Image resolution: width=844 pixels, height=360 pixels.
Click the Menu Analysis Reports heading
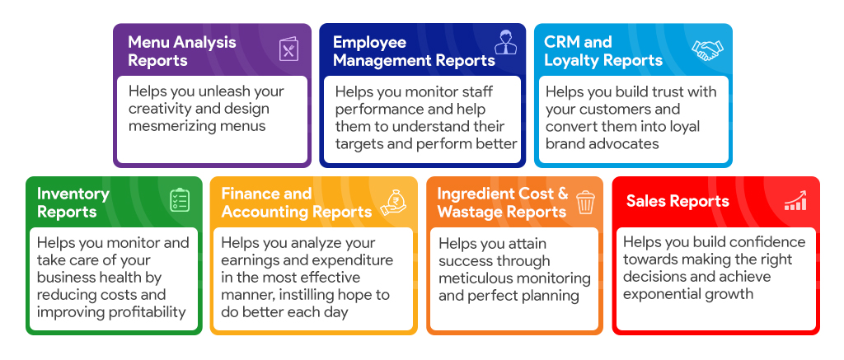point(182,51)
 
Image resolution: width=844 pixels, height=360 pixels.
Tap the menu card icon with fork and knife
point(288,50)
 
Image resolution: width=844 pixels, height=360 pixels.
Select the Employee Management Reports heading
point(414,51)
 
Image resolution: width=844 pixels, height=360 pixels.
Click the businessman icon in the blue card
point(505,42)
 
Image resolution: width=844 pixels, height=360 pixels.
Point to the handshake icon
point(707,50)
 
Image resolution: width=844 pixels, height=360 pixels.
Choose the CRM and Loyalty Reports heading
point(603,51)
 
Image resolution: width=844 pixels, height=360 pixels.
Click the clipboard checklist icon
point(180,199)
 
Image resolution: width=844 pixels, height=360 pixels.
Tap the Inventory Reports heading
point(73,203)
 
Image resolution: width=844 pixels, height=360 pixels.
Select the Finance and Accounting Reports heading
point(297,203)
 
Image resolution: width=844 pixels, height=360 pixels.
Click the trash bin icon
point(585,202)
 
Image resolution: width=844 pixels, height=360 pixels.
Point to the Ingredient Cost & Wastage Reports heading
point(503,203)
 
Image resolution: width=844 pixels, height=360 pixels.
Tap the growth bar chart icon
point(795,200)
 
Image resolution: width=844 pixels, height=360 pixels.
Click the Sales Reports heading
point(678,201)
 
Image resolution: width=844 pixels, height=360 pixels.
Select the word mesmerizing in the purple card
point(171,126)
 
